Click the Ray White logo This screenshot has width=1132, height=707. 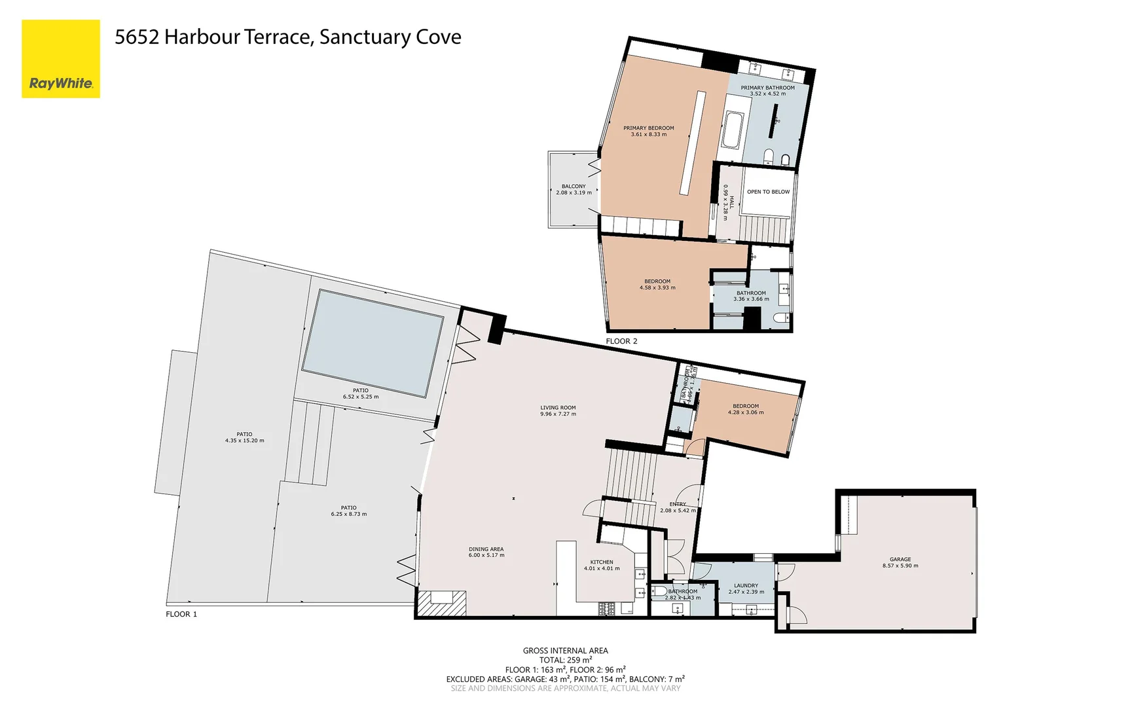61,59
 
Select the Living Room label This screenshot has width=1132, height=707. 558,407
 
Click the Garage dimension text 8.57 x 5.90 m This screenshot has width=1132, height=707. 900,566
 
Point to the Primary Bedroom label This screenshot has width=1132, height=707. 648,128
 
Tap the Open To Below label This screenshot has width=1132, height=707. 768,192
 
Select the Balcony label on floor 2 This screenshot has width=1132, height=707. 574,187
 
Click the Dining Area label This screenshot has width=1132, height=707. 486,549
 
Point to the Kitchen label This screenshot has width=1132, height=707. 602,562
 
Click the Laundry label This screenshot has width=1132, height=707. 746,585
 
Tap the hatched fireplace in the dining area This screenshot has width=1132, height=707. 442,602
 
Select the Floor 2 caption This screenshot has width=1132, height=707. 621,341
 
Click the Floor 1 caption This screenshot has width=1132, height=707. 181,614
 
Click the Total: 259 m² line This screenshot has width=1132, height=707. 565,660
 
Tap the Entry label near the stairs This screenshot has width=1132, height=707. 678,504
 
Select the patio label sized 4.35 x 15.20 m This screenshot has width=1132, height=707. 244,441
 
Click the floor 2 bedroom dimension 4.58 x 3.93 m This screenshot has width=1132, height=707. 657,287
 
